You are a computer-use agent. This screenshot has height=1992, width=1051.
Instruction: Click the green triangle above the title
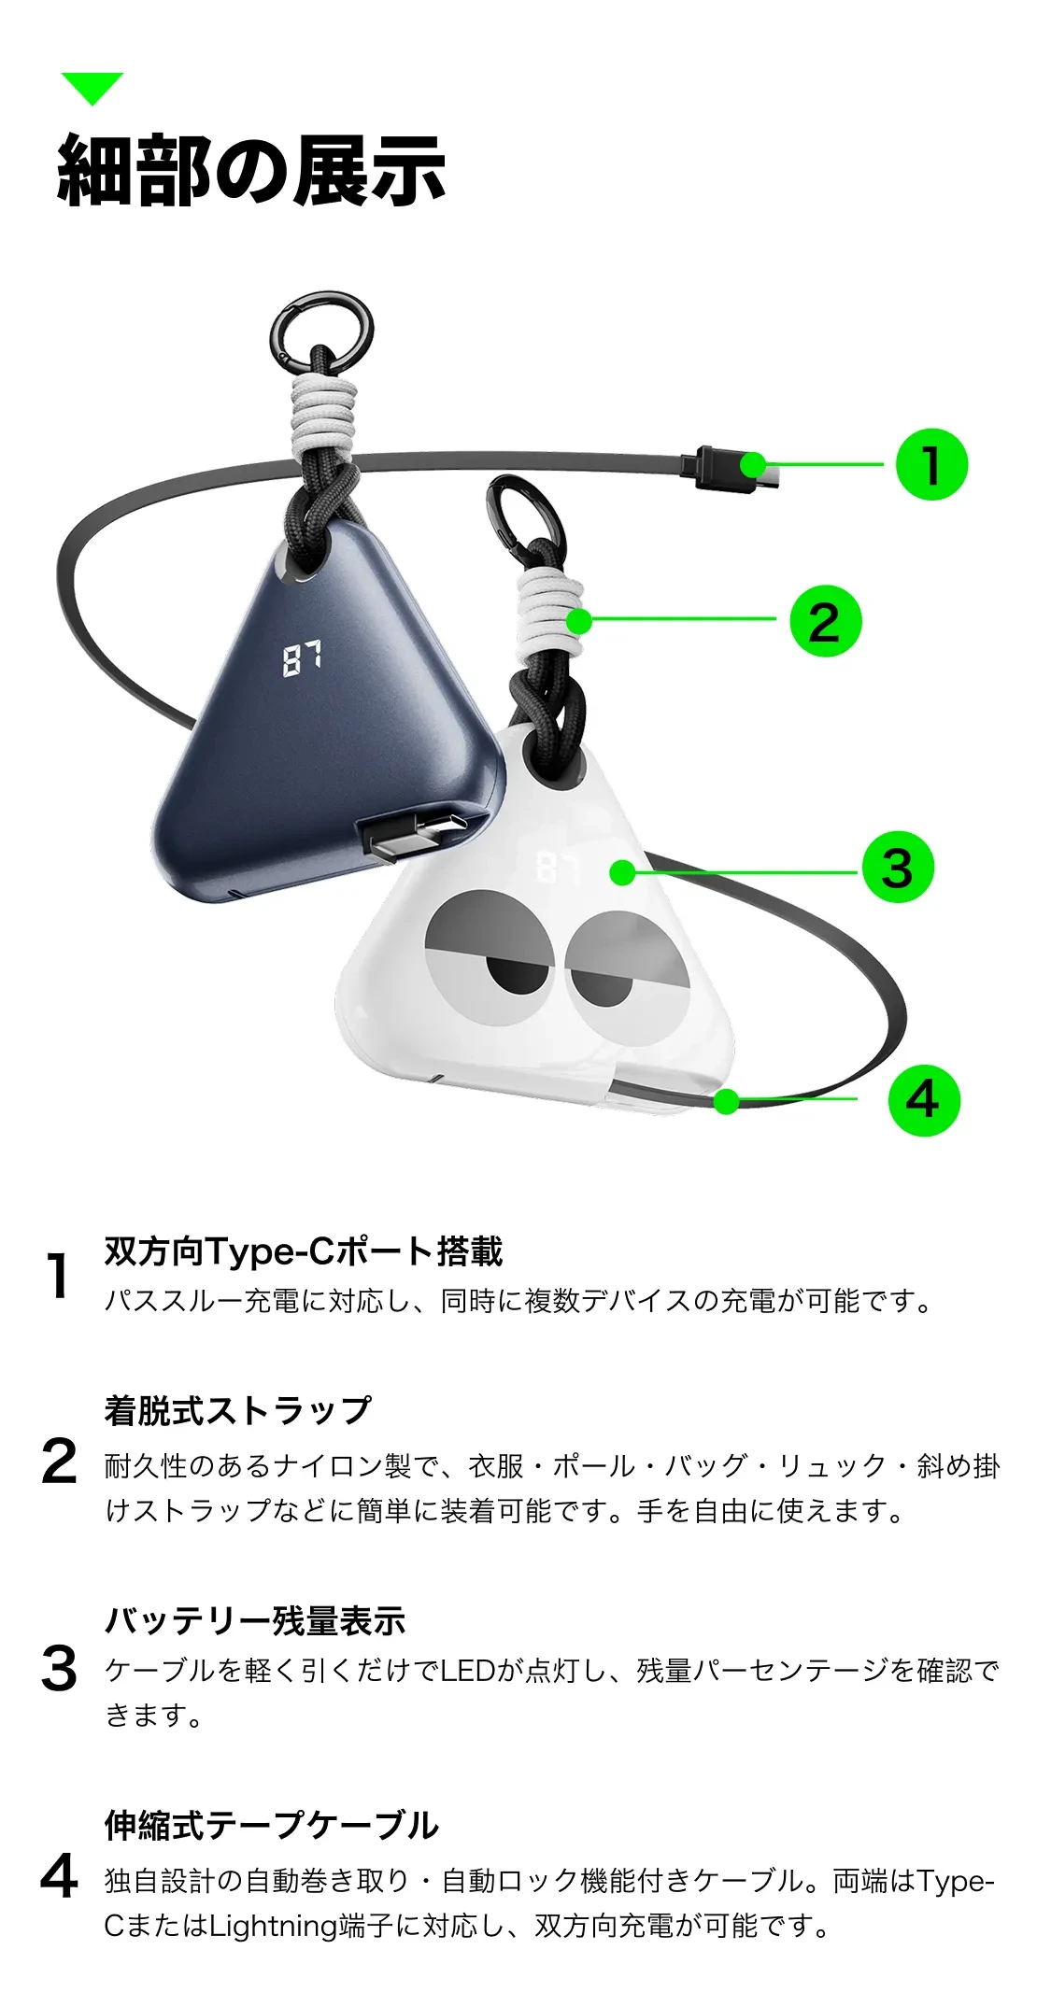pos(92,87)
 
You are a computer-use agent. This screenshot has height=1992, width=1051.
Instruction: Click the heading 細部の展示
pos(251,170)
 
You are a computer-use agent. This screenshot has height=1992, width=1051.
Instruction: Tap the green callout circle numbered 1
pos(931,464)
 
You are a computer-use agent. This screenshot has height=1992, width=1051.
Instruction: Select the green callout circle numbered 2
pos(825,621)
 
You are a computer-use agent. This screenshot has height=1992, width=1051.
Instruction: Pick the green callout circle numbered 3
pos(897,868)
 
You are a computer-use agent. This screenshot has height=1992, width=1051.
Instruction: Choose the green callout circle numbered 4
pos(923,1100)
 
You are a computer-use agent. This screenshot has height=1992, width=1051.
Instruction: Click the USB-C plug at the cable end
pos(734,468)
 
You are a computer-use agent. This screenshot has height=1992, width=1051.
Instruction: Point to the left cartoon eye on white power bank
pos(490,958)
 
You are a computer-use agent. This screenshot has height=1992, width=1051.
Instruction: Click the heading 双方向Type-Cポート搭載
pos(304,1250)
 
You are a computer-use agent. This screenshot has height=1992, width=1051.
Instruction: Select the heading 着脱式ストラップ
pos(237,1410)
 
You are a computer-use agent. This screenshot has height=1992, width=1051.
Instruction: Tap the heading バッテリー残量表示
pos(255,1620)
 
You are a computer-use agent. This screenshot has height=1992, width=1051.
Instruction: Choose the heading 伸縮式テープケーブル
pos(271,1825)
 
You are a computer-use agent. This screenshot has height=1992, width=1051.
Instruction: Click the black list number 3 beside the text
pos(59,1669)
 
